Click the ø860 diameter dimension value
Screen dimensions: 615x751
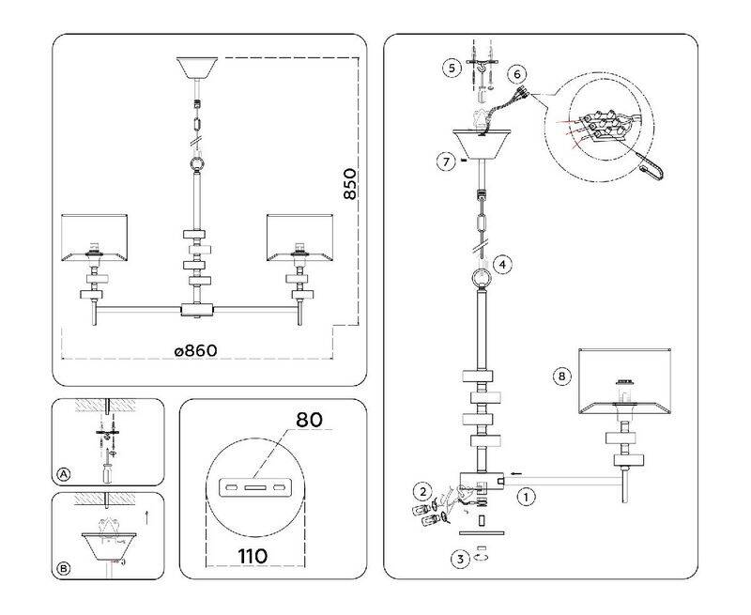[x=195, y=350]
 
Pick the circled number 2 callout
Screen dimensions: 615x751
[x=423, y=491]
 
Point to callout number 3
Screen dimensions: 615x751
[x=459, y=561]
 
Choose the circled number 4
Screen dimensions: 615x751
[x=503, y=265]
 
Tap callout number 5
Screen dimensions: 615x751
[x=452, y=68]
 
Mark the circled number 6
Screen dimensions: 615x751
[x=517, y=74]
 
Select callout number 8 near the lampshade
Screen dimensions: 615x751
[x=561, y=377]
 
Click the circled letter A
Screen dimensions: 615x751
[x=65, y=474]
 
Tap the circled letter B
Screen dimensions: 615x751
[x=65, y=569]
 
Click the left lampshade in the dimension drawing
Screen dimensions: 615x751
[x=94, y=238]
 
